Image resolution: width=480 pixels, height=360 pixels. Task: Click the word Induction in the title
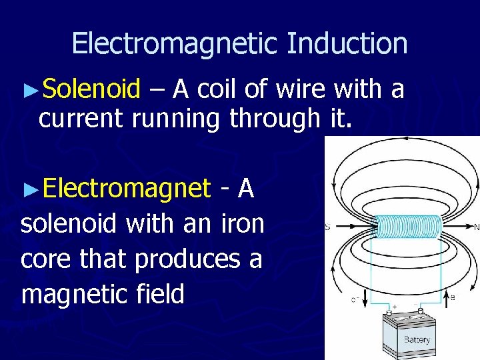pyautogui.click(x=347, y=44)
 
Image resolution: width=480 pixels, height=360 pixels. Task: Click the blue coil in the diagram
pyautogui.click(x=409, y=227)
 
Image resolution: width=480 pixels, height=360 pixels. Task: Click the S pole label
pyautogui.click(x=327, y=227)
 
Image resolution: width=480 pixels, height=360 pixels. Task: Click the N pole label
pyautogui.click(x=476, y=227)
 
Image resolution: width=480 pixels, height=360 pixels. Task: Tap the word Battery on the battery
pyautogui.click(x=417, y=339)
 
